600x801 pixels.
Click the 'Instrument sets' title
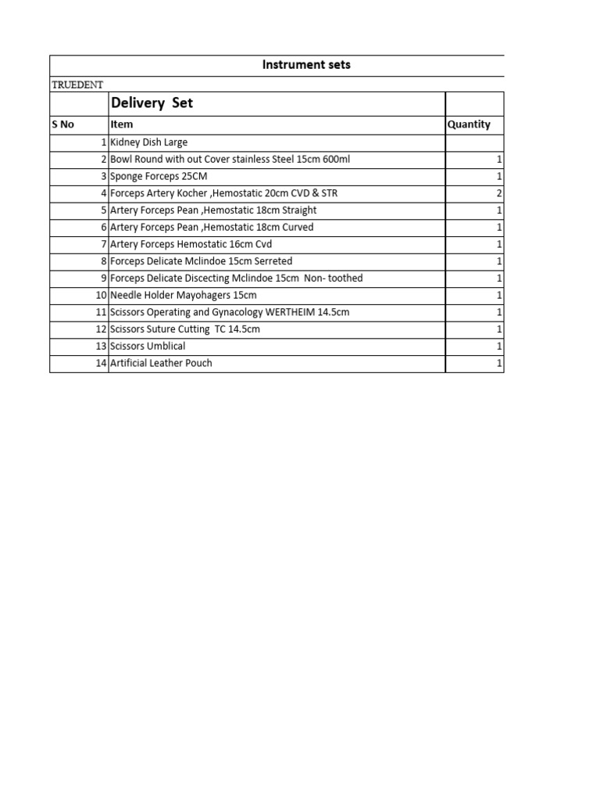click(x=306, y=65)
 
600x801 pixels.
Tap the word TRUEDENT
click(x=77, y=84)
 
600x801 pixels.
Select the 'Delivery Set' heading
click(x=152, y=103)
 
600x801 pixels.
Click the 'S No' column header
click(x=63, y=124)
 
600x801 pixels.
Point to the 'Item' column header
click(x=122, y=124)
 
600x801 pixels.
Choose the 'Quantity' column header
click(x=469, y=124)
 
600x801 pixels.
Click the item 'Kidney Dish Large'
click(x=148, y=142)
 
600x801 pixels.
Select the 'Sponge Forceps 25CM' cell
click(x=159, y=176)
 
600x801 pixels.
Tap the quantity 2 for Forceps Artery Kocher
click(x=499, y=193)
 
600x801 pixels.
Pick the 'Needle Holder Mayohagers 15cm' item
click(x=184, y=295)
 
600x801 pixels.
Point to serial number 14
click(x=101, y=363)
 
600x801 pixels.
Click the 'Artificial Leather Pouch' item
click(x=161, y=363)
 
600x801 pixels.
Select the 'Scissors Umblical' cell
click(x=148, y=346)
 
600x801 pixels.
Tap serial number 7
click(x=103, y=244)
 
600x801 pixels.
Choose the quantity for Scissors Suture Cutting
click(x=499, y=329)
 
